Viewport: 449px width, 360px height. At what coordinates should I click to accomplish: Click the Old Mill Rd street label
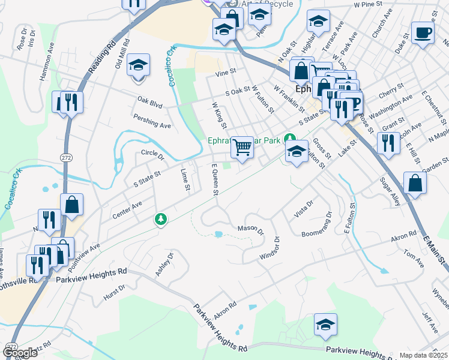pos(122,55)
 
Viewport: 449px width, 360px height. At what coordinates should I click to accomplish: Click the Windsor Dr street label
pos(270,248)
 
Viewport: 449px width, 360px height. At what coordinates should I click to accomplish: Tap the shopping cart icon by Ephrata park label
pos(242,146)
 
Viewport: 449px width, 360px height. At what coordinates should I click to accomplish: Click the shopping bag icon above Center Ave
pos(71,204)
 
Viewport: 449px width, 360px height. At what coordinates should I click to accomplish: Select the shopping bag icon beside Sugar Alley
pos(415,182)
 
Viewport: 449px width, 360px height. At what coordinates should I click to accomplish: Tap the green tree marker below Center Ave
pos(160,220)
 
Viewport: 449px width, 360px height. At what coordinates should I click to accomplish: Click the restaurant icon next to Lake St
pos(388,143)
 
